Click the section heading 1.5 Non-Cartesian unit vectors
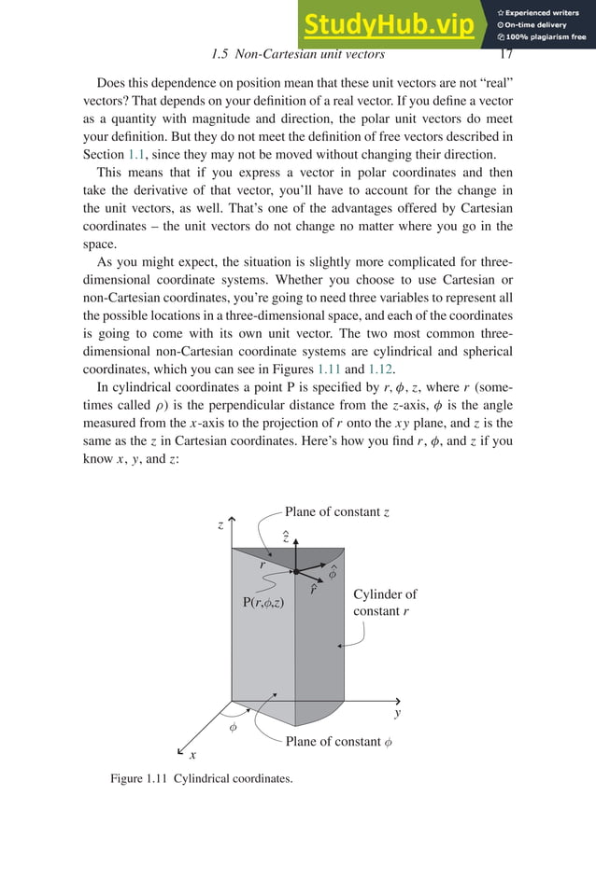(x=298, y=55)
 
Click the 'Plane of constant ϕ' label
(x=338, y=742)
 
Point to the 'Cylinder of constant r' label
(x=385, y=603)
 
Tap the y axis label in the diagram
(x=397, y=713)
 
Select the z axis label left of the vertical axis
(x=220, y=525)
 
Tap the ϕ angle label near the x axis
(x=234, y=726)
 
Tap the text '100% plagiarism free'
(x=546, y=37)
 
